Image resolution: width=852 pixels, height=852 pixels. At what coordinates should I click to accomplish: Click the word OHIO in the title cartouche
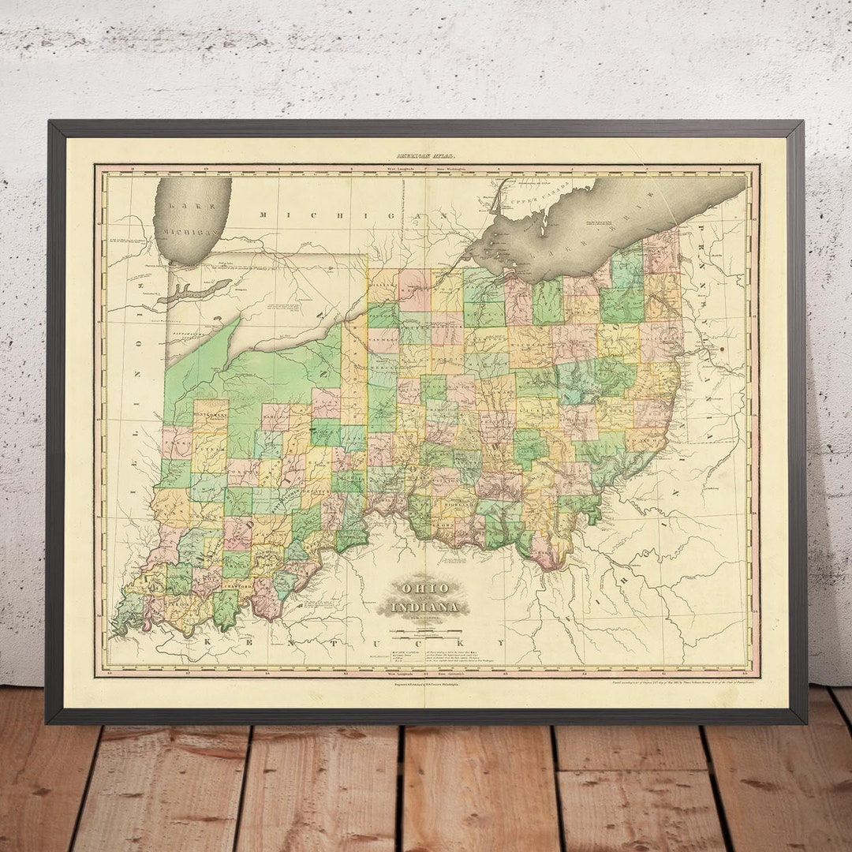pos(426,589)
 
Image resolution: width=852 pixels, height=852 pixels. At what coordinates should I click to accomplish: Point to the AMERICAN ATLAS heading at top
pos(426,157)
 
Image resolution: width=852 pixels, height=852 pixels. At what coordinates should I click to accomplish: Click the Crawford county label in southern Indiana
pos(240,586)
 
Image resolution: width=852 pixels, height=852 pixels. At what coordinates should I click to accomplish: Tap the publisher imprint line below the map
pos(426,686)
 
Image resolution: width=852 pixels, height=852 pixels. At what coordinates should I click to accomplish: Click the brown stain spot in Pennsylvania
pos(719,347)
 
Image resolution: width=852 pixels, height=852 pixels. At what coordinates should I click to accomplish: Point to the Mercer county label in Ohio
pos(384,368)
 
